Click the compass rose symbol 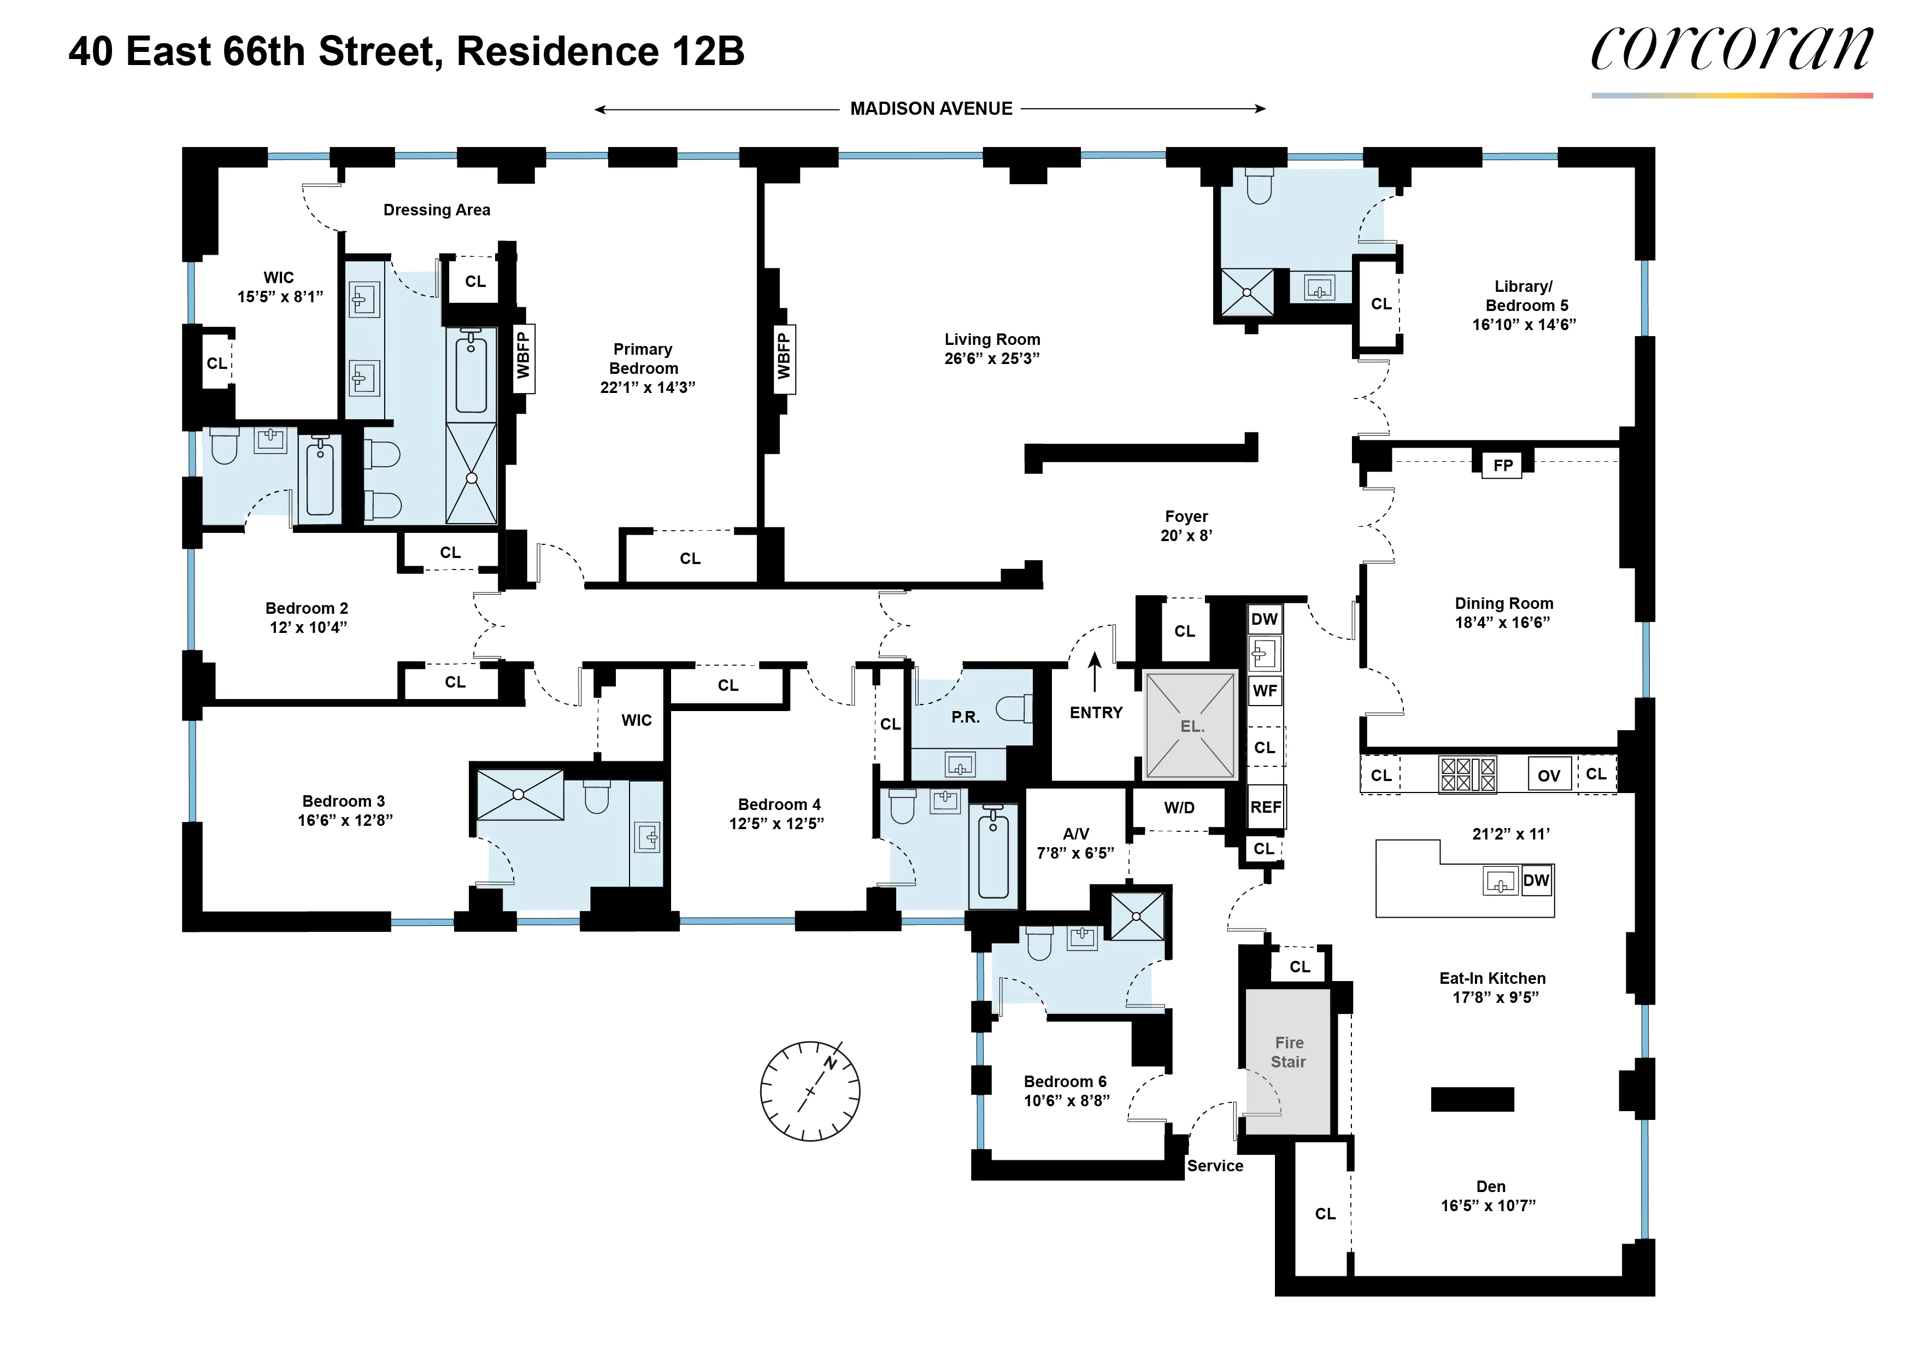point(810,1090)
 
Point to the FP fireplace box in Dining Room point(1502,465)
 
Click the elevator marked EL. point(1191,726)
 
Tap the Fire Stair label point(1289,1052)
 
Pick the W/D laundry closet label point(1179,807)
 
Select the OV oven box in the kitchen point(1549,775)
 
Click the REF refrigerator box point(1266,807)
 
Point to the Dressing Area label point(437,209)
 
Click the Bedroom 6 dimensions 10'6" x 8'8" point(1066,1101)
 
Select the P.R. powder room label point(965,717)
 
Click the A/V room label point(1075,833)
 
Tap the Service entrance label point(1215,1166)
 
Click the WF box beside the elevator point(1265,690)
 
